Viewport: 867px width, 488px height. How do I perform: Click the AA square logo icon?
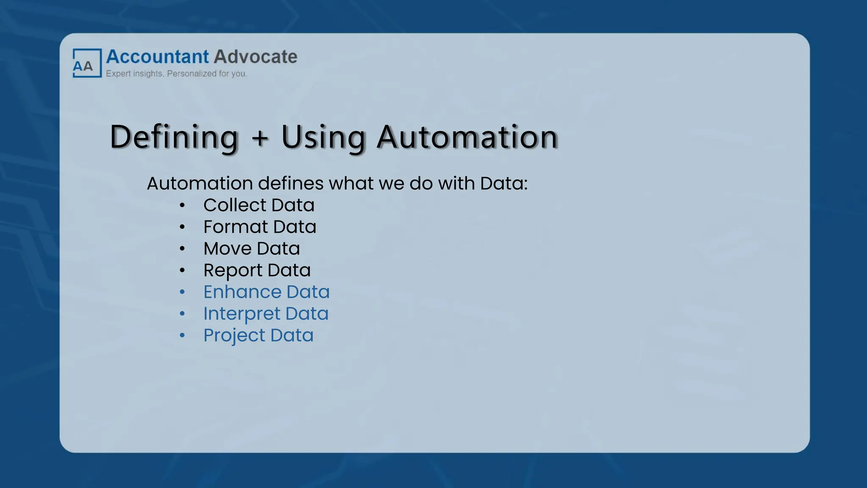pyautogui.click(x=87, y=63)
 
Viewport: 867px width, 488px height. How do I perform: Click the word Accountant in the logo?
pyautogui.click(x=157, y=57)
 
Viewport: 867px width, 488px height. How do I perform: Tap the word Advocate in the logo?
pyautogui.click(x=255, y=57)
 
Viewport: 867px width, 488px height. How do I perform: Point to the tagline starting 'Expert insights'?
pyautogui.click(x=176, y=74)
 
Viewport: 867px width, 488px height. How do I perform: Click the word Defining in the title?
pyautogui.click(x=174, y=137)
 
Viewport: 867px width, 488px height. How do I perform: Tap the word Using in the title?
pyautogui.click(x=323, y=137)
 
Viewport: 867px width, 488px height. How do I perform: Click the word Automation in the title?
pyautogui.click(x=467, y=137)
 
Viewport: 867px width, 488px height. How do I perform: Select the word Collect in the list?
pyautogui.click(x=235, y=205)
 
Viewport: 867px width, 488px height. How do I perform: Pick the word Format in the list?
pyautogui.click(x=235, y=227)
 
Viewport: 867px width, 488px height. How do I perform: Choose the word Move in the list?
pyautogui.click(x=227, y=249)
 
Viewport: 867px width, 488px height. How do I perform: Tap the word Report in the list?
pyautogui.click(x=233, y=271)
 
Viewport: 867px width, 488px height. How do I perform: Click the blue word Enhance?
pyautogui.click(x=242, y=292)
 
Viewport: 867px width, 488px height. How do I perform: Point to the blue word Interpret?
pyautogui.click(x=242, y=314)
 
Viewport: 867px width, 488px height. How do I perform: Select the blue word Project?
pyautogui.click(x=234, y=335)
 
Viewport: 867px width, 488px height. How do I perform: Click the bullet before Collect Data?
pyautogui.click(x=182, y=205)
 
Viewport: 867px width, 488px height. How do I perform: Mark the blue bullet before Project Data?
pyautogui.click(x=182, y=335)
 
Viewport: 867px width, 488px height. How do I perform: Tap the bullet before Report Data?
pyautogui.click(x=182, y=270)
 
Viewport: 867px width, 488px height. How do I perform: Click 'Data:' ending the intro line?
pyautogui.click(x=504, y=183)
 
